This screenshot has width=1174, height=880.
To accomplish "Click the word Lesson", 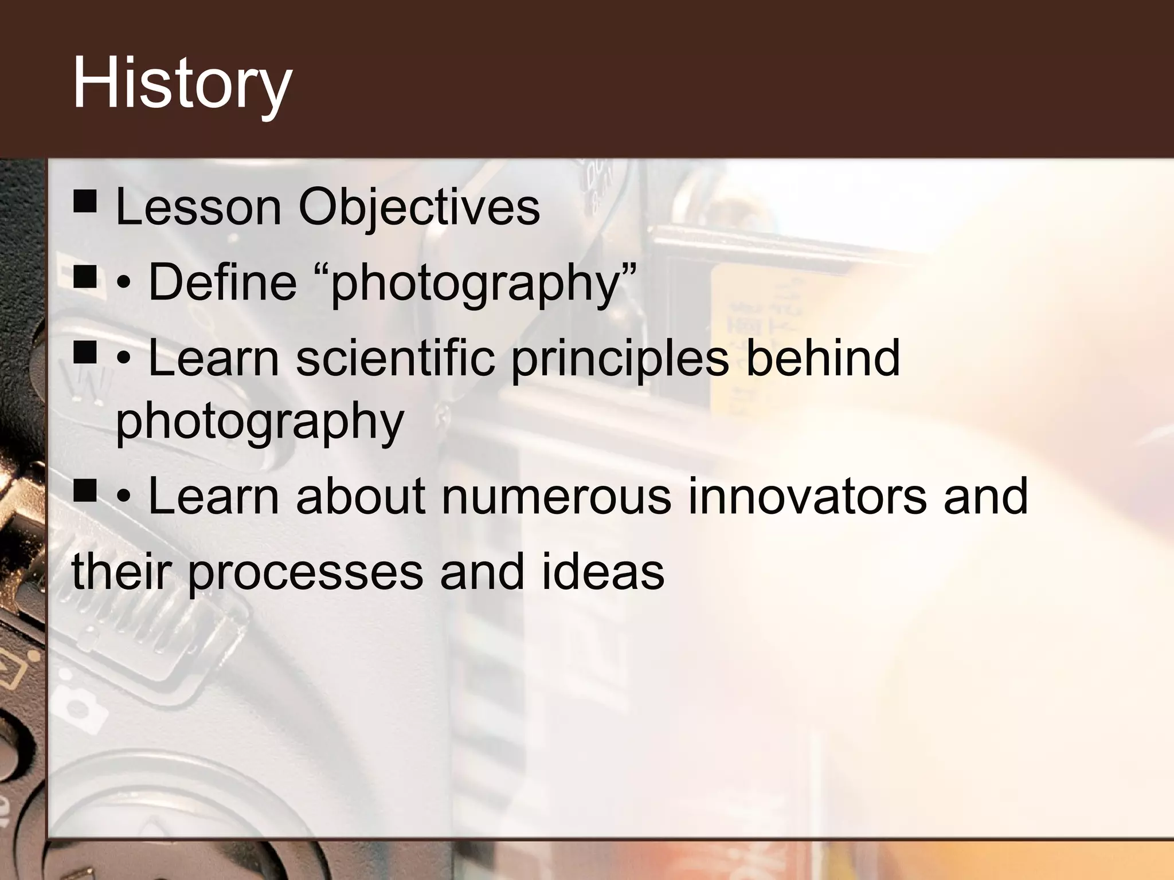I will (x=198, y=207).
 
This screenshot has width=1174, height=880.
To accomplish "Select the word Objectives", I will (x=419, y=207).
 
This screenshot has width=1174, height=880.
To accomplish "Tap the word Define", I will (x=222, y=282).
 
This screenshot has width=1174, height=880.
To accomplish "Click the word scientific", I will (x=395, y=357).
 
